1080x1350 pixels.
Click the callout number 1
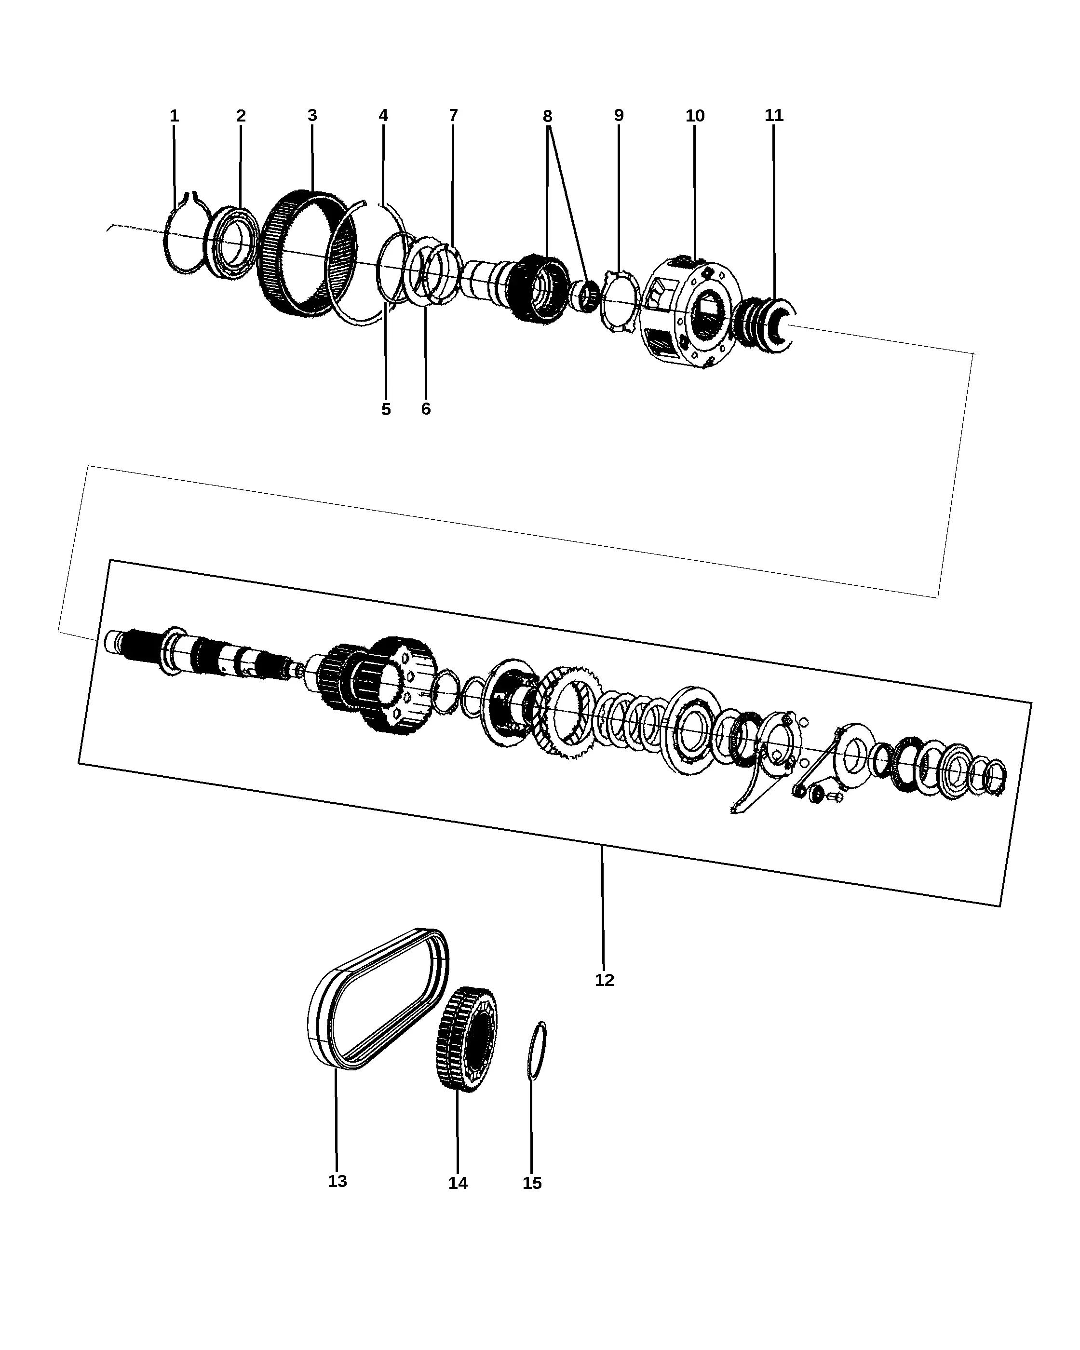[174, 116]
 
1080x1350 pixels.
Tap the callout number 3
[312, 115]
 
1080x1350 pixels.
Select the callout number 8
[547, 117]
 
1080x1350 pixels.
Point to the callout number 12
[604, 980]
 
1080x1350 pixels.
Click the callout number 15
[532, 1183]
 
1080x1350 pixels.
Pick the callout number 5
[386, 409]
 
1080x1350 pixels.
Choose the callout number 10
[695, 116]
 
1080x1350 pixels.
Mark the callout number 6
[426, 409]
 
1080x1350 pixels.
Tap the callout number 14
[458, 1183]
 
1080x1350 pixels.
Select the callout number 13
[337, 1181]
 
